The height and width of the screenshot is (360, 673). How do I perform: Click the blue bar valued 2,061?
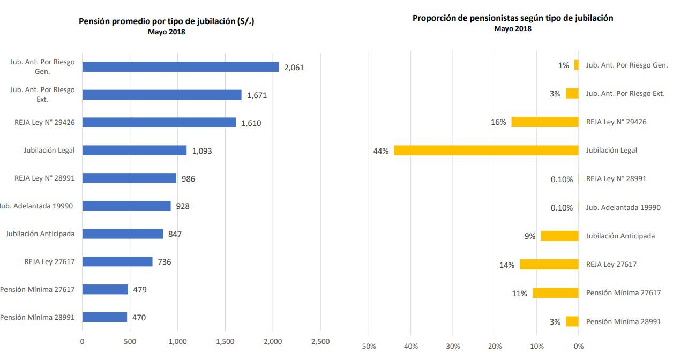click(180, 67)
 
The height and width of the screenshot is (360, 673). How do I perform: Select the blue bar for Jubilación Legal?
click(134, 151)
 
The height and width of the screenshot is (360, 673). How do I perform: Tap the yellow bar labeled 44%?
click(486, 151)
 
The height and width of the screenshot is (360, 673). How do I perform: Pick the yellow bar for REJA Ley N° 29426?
click(545, 122)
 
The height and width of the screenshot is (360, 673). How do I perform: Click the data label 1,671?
click(257, 95)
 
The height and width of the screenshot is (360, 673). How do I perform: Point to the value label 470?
click(139, 318)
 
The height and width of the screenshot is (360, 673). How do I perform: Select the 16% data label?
click(498, 122)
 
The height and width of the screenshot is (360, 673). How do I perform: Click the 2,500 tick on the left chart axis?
click(320, 342)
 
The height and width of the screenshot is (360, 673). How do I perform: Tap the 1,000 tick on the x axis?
click(177, 342)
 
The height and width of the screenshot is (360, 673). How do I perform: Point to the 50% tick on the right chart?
click(369, 347)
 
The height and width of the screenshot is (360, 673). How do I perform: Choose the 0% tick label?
click(578, 347)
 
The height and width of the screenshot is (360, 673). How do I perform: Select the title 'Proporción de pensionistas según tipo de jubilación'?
click(513, 18)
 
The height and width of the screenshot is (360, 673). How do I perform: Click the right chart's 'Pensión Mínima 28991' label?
click(623, 321)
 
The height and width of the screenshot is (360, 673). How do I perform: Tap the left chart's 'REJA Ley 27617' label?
click(49, 261)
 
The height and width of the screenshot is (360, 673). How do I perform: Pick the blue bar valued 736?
click(117, 261)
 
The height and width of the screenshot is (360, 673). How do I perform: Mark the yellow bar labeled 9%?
click(559, 236)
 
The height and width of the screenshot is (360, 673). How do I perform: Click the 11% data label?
click(519, 294)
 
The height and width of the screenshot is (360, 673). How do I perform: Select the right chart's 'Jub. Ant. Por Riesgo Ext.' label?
click(625, 93)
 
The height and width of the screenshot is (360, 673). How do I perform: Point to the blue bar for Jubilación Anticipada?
click(122, 234)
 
